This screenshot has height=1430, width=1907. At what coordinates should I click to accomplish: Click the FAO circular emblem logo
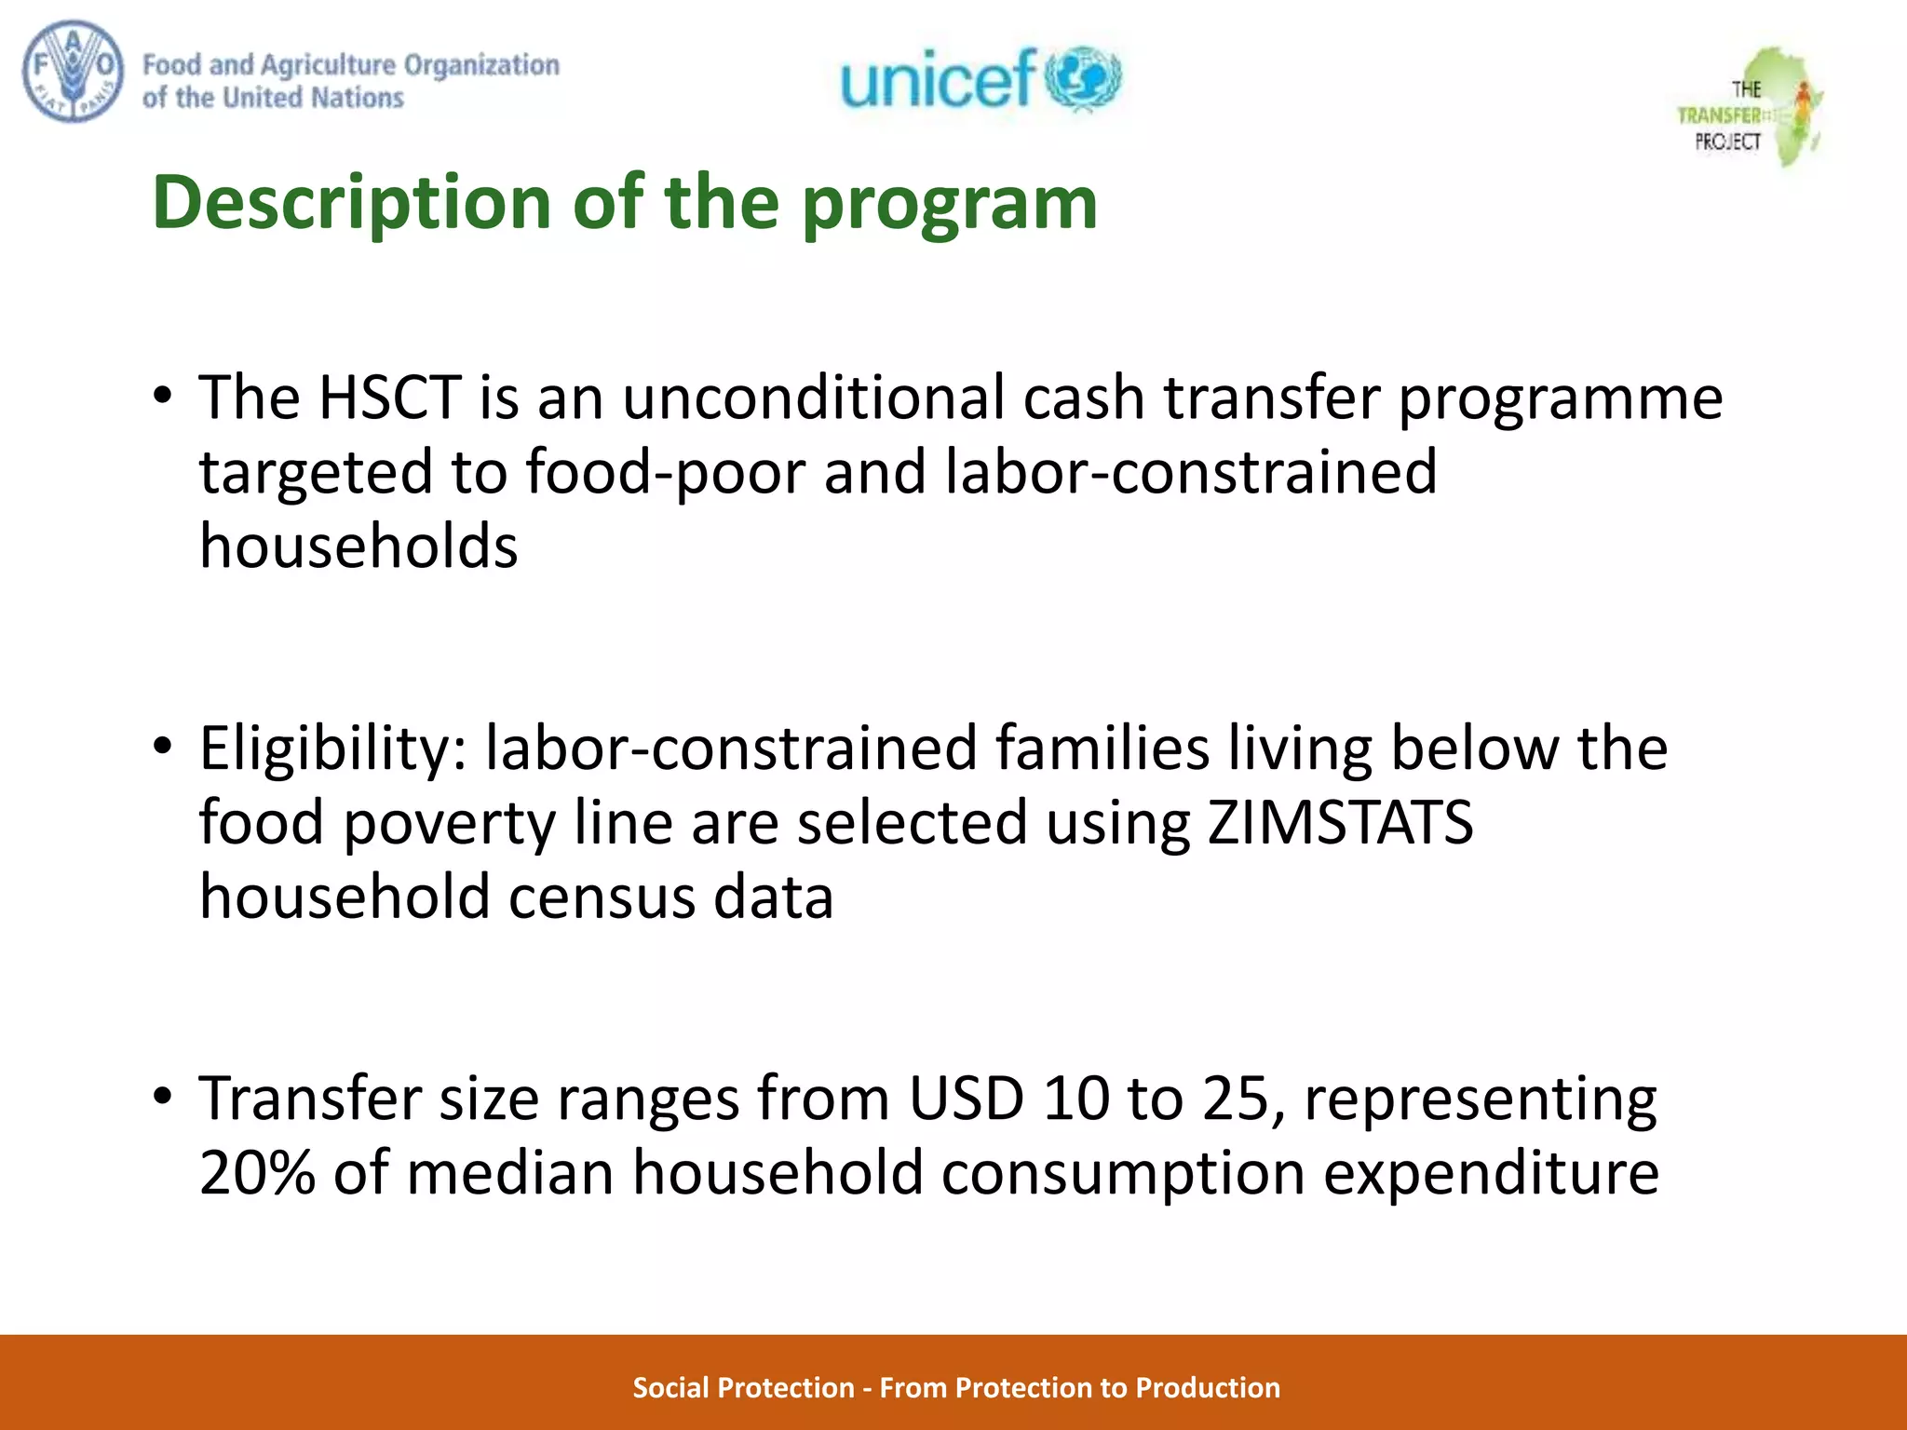pyautogui.click(x=73, y=74)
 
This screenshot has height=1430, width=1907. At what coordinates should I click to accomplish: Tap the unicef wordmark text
pyautogui.click(x=938, y=78)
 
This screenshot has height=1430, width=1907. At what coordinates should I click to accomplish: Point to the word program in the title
pyautogui.click(x=950, y=203)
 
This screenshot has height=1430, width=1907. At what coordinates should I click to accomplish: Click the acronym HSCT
pyautogui.click(x=390, y=398)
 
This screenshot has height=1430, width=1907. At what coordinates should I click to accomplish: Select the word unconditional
pyautogui.click(x=813, y=398)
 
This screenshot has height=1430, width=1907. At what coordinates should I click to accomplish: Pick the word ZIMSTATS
pyautogui.click(x=1340, y=822)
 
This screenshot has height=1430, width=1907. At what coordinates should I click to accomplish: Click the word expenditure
pyautogui.click(x=1491, y=1172)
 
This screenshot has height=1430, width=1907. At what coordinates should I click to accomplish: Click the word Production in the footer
pyautogui.click(x=1208, y=1387)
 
